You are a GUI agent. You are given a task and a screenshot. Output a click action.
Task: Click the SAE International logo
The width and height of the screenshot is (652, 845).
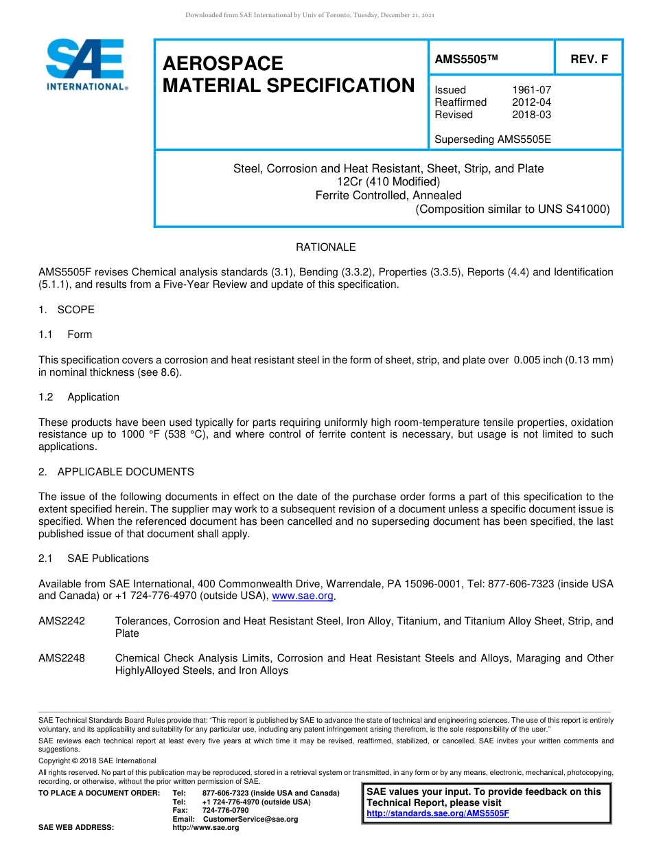coord(85,65)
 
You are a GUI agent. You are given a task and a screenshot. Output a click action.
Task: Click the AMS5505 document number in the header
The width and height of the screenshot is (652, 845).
coord(465,60)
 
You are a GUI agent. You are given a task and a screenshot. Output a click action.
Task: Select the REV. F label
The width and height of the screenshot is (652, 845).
coord(589,60)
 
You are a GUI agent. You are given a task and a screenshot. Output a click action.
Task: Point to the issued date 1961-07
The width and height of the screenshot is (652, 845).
coord(531,90)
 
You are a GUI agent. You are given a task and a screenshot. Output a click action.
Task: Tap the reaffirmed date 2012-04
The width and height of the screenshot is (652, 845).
coord(531,102)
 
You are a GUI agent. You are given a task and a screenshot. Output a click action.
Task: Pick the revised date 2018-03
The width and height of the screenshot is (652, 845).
coord(531,115)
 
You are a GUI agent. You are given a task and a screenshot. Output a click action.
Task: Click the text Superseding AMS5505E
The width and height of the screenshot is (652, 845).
coord(493,139)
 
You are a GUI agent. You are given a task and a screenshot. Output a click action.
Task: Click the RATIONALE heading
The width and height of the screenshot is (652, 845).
coord(325,247)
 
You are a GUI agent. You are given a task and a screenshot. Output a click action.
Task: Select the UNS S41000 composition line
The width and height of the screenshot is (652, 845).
coord(512,210)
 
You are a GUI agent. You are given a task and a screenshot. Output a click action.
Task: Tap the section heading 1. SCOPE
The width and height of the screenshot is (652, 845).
coord(67,310)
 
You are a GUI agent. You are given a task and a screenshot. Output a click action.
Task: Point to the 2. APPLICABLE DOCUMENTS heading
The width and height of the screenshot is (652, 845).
coord(116,472)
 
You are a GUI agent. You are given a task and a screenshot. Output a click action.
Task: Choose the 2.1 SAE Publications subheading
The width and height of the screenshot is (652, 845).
coord(94,559)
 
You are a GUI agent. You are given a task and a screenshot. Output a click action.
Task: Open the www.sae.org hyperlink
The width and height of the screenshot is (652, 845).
coord(302,596)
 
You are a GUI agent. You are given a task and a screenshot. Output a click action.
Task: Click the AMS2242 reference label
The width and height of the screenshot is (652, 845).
coord(62,621)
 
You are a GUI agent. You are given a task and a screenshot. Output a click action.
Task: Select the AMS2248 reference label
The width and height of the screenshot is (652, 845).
coord(62,658)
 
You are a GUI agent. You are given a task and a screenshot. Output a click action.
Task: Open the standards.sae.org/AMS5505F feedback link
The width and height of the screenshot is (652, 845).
coord(438,813)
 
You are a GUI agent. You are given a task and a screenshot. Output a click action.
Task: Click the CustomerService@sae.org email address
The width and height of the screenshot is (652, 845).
coord(251,819)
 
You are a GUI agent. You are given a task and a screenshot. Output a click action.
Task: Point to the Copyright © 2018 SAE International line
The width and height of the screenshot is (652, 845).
coord(97,760)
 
